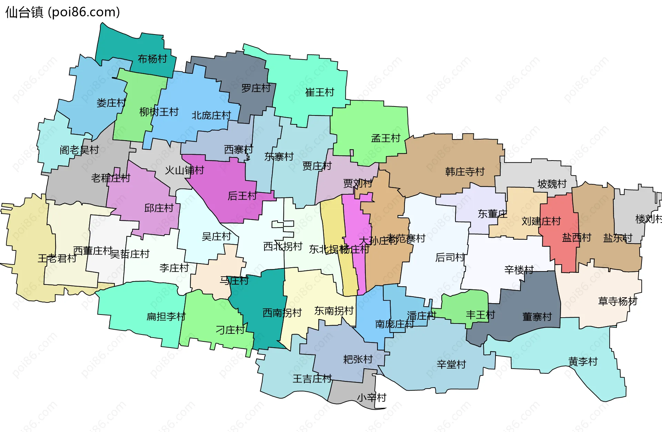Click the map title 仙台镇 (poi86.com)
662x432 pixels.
pos(62,12)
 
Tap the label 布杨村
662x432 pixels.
pos(152,59)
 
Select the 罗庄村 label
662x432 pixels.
pos(256,88)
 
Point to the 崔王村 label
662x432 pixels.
pos(320,92)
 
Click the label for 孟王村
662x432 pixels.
pos(385,138)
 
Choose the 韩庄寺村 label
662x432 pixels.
pos(465,171)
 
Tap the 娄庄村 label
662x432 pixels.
pos(111,103)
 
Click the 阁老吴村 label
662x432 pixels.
pos(79,150)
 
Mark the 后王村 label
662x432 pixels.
pos(242,196)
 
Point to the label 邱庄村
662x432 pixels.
pos(159,208)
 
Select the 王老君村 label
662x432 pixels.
pos(57,258)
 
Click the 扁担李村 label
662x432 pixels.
pos(166,316)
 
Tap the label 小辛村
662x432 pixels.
pos(371,398)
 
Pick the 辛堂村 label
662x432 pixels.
pos(451,364)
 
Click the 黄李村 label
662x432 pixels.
pos(583,361)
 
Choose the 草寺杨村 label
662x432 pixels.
pos(618,301)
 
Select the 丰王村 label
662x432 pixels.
pos(480,314)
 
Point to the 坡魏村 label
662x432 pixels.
pos(552,184)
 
